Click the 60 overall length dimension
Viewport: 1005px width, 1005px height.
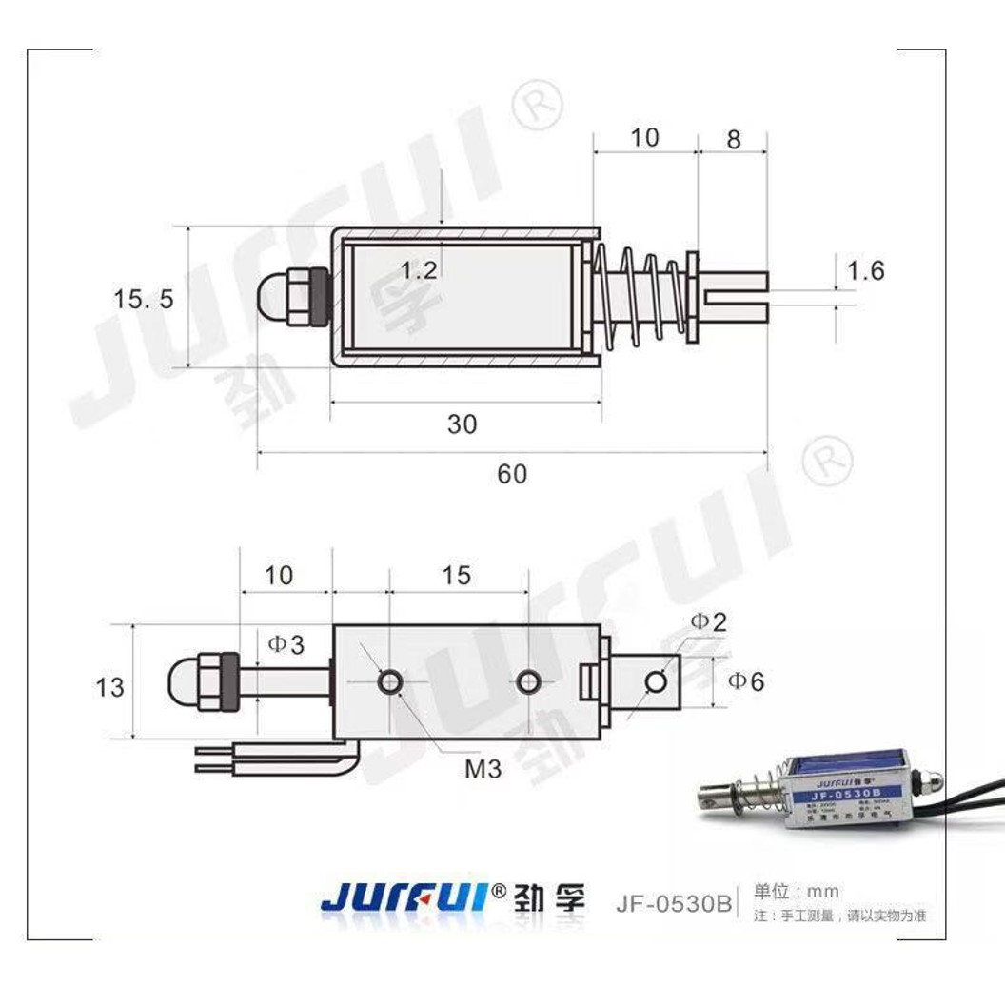pos(511,473)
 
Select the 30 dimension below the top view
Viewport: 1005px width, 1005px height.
pos(462,424)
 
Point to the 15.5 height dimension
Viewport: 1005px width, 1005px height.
pos(144,299)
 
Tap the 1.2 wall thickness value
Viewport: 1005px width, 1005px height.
pos(418,270)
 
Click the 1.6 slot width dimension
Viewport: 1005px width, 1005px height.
pos(865,271)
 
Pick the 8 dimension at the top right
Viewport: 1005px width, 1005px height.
pos(733,139)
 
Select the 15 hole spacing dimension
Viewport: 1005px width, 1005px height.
pos(457,575)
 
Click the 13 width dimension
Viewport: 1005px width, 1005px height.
pos(109,686)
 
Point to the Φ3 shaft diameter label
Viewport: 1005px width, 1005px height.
pos(286,644)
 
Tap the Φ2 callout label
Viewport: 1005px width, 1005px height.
pos(708,622)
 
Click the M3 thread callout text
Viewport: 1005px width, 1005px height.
pos(483,768)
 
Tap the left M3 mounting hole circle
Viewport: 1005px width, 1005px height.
pos(389,681)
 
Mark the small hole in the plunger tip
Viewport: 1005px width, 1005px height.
pos(656,681)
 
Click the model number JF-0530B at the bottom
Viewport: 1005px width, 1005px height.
pos(673,902)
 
